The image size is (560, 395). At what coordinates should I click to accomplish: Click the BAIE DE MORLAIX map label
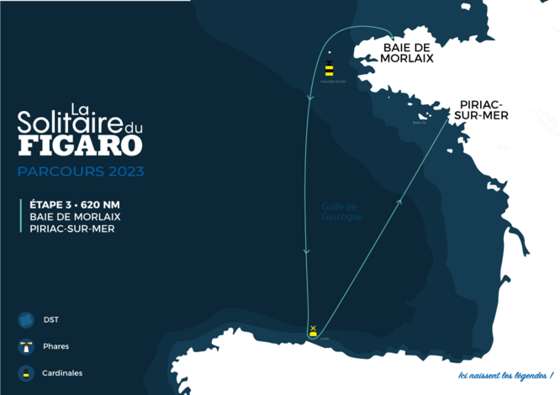tap(407, 53)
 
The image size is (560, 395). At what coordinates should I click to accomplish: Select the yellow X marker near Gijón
tap(313, 328)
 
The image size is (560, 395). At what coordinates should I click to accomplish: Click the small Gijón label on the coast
tap(325, 339)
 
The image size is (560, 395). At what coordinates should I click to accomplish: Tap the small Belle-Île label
tap(420, 123)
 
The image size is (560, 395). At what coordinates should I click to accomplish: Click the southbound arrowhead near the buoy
tap(310, 98)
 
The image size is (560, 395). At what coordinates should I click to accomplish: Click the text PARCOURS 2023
tap(81, 171)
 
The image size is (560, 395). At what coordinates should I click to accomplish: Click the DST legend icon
tap(25, 319)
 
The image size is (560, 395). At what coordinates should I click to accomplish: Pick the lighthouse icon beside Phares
tap(25, 346)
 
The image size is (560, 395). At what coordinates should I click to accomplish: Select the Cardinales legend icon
tap(25, 373)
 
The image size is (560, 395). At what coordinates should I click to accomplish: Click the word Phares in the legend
tap(56, 346)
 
